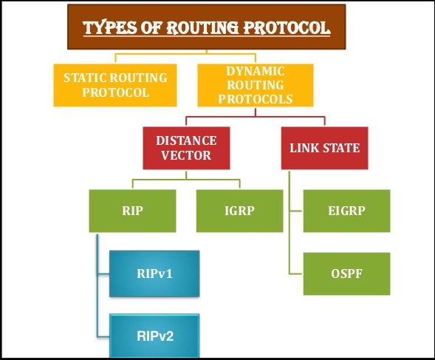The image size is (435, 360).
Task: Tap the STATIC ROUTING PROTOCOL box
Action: pos(115,84)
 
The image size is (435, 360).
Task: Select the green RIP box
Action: pos(132,210)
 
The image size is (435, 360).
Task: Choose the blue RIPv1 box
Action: pos(154,273)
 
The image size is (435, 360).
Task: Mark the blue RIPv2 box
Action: pos(154,334)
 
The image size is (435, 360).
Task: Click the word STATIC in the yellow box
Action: pos(86,77)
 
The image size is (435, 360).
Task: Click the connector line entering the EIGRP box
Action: pos(297,210)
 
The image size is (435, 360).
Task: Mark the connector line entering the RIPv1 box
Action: pos(103,273)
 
